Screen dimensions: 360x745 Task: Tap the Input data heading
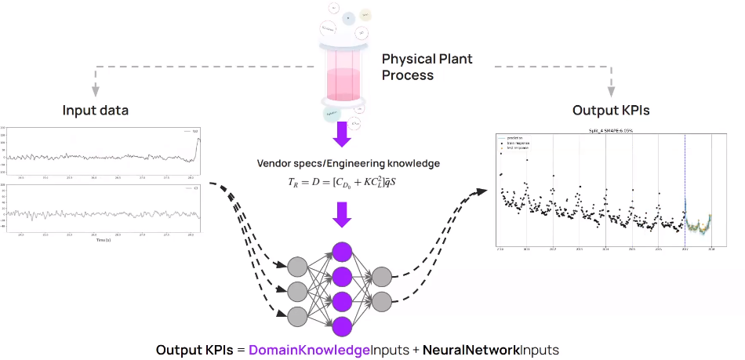point(96,110)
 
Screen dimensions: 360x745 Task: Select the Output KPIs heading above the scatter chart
point(612,110)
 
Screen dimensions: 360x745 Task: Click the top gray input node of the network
point(297,266)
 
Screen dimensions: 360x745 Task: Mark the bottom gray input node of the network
point(297,315)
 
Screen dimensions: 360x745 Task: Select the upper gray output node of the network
point(382,277)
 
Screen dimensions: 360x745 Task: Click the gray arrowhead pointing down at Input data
point(96,89)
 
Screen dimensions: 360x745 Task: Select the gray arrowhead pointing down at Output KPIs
point(612,89)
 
